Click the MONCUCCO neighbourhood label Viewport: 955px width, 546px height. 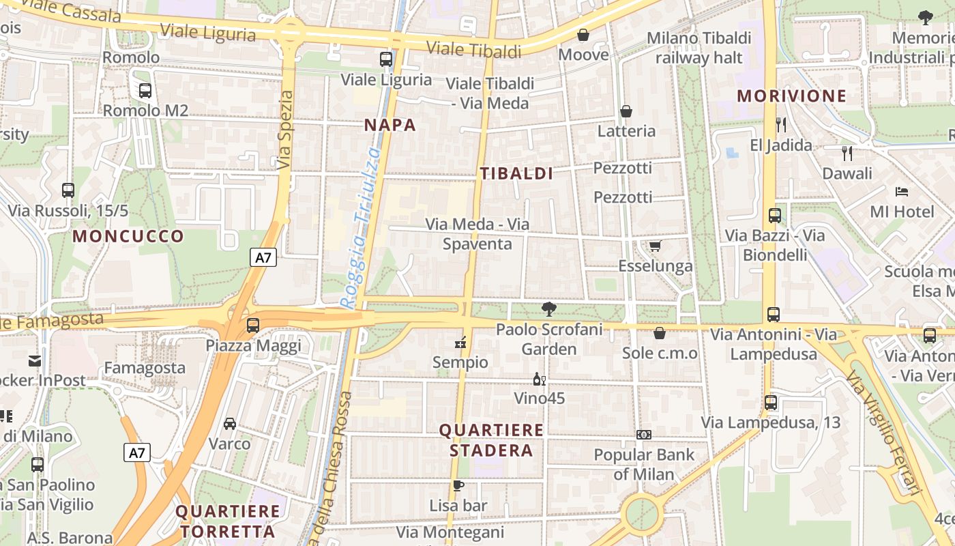(x=128, y=237)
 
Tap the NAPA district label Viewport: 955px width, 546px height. (x=390, y=125)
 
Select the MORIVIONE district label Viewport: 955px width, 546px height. (x=791, y=96)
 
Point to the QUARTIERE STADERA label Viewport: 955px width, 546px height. (x=491, y=440)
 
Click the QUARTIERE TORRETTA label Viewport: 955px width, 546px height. (x=228, y=521)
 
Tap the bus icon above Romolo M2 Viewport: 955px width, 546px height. (x=145, y=90)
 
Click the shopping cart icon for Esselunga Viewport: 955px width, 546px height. (x=655, y=246)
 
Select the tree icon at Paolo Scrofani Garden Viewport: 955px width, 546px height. (x=548, y=309)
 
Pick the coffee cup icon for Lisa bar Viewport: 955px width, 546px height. (x=458, y=486)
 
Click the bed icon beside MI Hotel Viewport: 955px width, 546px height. (x=902, y=192)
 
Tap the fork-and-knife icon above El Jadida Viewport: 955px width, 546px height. (x=781, y=124)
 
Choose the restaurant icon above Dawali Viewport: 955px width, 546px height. (x=847, y=153)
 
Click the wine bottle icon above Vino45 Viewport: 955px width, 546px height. (x=539, y=379)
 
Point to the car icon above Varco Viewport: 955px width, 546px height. (x=230, y=423)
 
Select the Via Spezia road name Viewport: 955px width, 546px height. (x=285, y=130)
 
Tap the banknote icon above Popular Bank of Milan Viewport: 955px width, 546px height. (x=643, y=435)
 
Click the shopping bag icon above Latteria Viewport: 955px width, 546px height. (x=626, y=111)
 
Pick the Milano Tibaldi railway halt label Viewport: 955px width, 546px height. (x=699, y=48)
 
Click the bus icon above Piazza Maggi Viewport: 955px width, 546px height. (x=253, y=325)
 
